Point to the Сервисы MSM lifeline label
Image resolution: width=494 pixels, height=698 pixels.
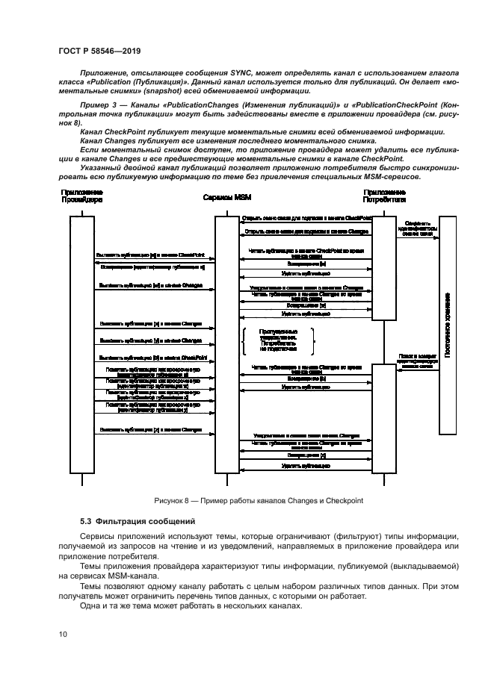[x=227, y=198]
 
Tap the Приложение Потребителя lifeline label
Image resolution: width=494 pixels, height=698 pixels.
[x=384, y=197]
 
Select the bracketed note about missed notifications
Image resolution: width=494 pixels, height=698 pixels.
[x=277, y=340]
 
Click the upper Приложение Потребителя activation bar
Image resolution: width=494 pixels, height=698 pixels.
[x=384, y=267]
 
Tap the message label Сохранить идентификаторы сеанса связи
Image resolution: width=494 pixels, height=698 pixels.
[x=416, y=228]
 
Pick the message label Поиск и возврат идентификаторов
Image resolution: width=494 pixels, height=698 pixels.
[x=416, y=361]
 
